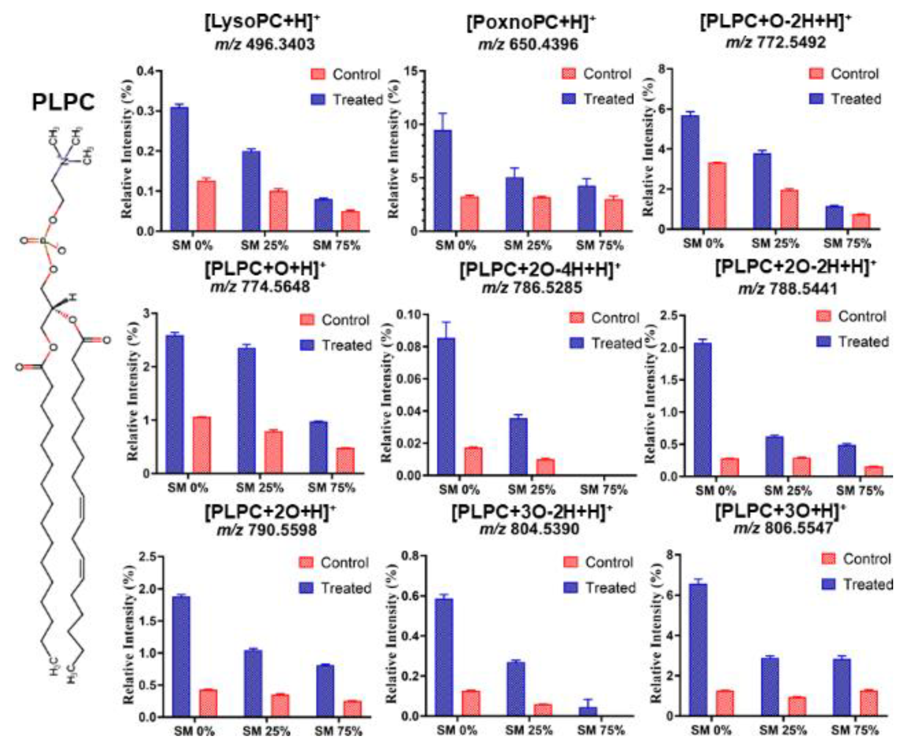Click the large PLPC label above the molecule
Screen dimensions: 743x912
(x=63, y=103)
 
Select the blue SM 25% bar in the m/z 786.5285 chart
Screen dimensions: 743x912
(x=518, y=446)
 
